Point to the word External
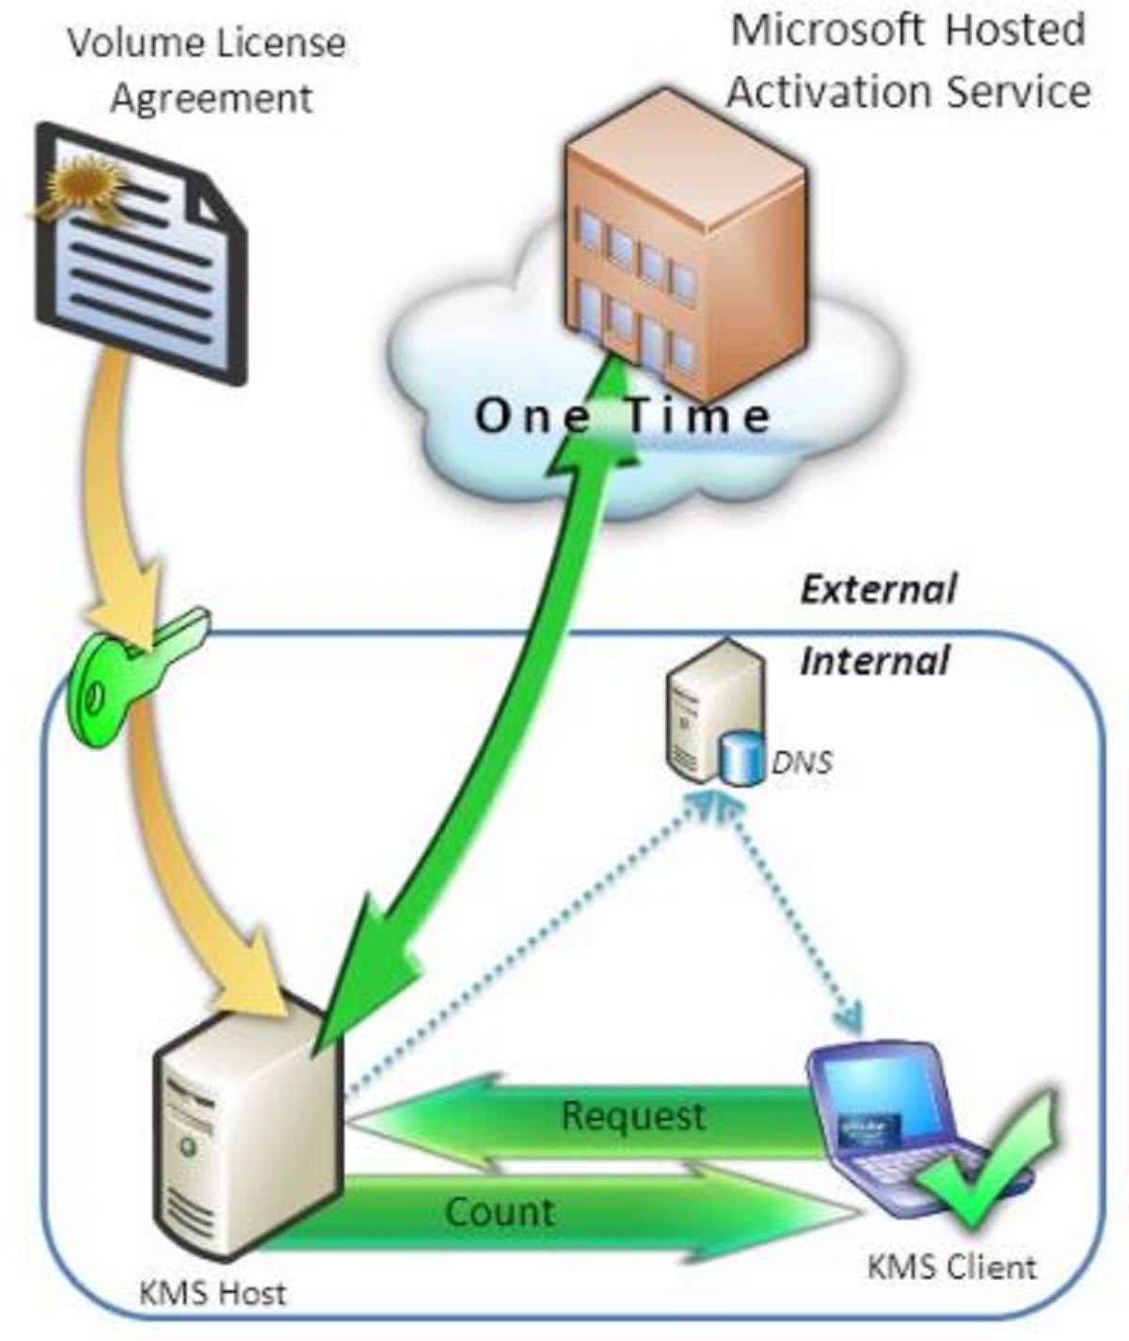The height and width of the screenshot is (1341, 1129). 878,590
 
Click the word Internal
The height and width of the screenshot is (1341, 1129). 874,661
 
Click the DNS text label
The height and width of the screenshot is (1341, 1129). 802,761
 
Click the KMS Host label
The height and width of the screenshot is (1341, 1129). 212,1293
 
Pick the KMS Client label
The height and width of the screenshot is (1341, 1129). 951,1267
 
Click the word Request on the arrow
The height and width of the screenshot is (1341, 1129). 632,1116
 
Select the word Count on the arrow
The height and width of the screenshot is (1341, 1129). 500,1212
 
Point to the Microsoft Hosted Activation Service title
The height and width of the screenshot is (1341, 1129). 909,60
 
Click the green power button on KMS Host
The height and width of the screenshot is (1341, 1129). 190,1147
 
